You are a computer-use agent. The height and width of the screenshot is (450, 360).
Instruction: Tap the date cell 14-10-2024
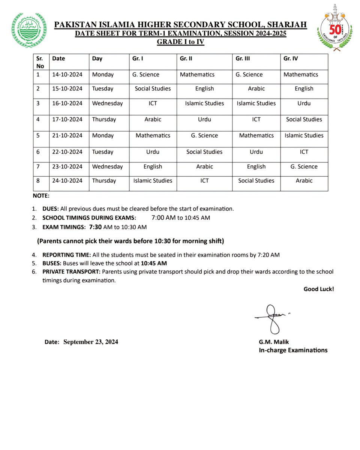pyautogui.click(x=67, y=75)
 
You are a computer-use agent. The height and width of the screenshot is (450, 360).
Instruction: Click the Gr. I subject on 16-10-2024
pyautogui.click(x=153, y=103)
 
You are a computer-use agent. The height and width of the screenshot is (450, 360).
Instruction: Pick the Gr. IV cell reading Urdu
pyautogui.click(x=304, y=103)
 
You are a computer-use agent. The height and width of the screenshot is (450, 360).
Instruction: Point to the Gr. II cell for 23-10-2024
pyautogui.click(x=204, y=166)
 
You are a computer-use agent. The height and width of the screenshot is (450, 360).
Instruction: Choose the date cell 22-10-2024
pyautogui.click(x=67, y=152)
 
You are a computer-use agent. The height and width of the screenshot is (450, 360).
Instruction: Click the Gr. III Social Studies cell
pyautogui.click(x=256, y=180)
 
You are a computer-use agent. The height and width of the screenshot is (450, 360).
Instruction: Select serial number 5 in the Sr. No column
pyautogui.click(x=38, y=135)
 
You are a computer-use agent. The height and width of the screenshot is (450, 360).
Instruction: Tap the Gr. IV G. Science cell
pyautogui.click(x=304, y=166)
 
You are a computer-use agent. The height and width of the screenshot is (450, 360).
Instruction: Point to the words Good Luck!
pyautogui.click(x=318, y=289)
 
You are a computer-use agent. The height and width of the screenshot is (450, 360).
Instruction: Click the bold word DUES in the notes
pyautogui.click(x=50, y=208)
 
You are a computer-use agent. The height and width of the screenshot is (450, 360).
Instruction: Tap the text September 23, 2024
pyautogui.click(x=91, y=342)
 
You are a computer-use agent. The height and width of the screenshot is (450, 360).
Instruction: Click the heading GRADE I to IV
pyautogui.click(x=180, y=42)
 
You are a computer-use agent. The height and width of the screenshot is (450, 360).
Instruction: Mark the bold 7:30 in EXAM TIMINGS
pyautogui.click(x=96, y=227)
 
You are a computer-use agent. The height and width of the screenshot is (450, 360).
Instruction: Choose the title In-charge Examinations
pyautogui.click(x=293, y=350)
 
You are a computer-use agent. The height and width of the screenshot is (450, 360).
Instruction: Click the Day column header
pyautogui.click(x=97, y=58)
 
